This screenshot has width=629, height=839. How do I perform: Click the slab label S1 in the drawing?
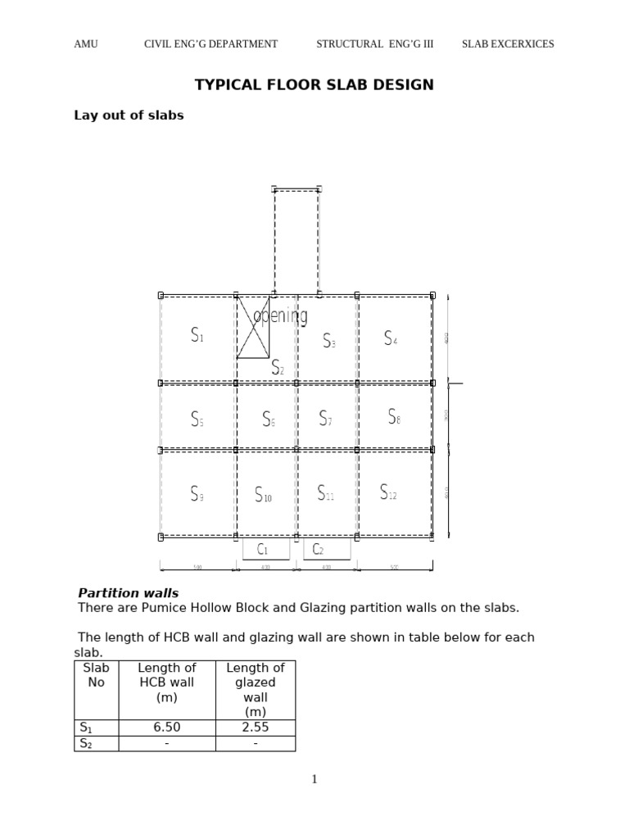click(197, 335)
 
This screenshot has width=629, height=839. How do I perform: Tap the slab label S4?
click(391, 338)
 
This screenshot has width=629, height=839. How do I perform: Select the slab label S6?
click(268, 419)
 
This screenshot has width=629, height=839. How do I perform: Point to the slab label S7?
click(325, 419)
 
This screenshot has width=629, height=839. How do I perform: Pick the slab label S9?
click(197, 494)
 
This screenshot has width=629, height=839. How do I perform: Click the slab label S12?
click(388, 492)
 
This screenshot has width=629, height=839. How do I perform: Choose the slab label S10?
click(263, 495)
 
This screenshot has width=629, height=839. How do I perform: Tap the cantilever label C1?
click(262, 549)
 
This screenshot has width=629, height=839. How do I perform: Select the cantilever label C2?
click(319, 549)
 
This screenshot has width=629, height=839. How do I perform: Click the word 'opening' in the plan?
click(281, 315)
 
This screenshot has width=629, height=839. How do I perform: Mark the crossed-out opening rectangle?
click(253, 328)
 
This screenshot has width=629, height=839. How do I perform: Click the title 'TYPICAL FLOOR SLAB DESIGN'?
click(314, 84)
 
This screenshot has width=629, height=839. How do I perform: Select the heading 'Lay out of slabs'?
click(129, 116)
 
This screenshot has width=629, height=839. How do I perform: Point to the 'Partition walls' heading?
click(128, 593)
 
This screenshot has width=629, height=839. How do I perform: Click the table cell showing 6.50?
click(167, 728)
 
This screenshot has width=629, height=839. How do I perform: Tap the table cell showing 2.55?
click(256, 728)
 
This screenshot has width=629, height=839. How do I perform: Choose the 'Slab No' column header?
click(96, 675)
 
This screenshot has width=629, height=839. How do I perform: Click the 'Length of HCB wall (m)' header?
click(167, 683)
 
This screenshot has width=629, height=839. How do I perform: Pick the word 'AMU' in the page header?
click(86, 44)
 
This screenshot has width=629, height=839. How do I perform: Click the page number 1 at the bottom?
click(314, 779)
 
